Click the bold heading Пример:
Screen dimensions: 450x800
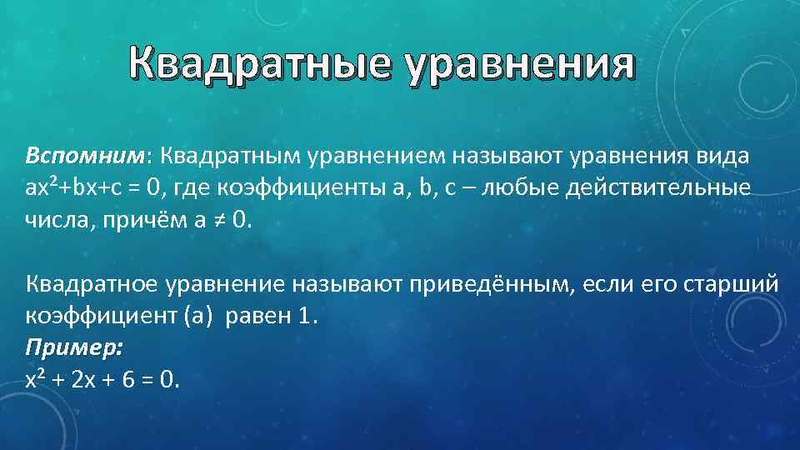(73, 347)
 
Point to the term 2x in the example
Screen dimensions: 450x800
(84, 379)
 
